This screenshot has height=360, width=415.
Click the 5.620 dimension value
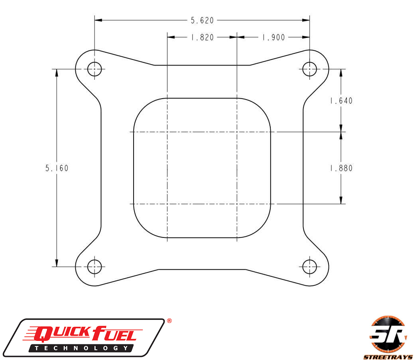[202, 20]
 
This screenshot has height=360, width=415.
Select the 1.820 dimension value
[202, 38]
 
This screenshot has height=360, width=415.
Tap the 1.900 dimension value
[273, 38]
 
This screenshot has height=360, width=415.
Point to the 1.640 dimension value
[341, 101]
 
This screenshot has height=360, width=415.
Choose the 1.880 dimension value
[341, 168]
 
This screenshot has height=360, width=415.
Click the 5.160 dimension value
[57, 168]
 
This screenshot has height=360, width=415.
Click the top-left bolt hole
[94, 69]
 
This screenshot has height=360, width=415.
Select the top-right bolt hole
[310, 69]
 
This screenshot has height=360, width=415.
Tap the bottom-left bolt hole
[94, 266]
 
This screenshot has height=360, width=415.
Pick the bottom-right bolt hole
[310, 266]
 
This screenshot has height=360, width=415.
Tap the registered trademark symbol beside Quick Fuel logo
[169, 321]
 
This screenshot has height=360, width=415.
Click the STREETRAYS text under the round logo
[387, 356]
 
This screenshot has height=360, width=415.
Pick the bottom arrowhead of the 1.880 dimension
[341, 200]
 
